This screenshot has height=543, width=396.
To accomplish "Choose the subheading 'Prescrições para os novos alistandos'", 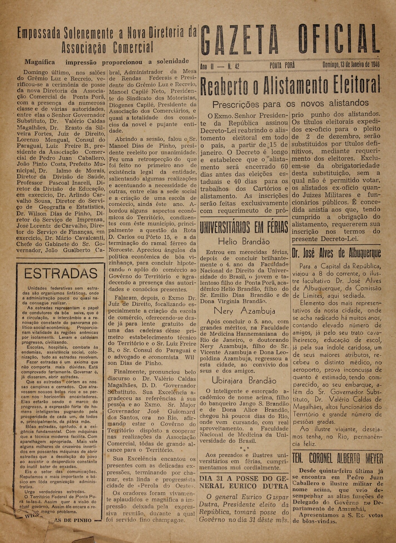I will click(x=290, y=104).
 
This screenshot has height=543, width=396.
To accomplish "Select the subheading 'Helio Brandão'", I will click(x=244, y=241).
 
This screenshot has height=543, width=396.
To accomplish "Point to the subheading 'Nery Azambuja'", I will click(x=244, y=310).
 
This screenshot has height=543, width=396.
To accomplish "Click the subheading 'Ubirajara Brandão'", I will click(x=244, y=381).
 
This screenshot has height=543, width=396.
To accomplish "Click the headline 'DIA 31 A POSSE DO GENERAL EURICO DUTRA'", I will click(x=244, y=482).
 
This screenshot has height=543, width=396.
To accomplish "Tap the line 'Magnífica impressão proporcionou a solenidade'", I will click(x=107, y=62).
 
